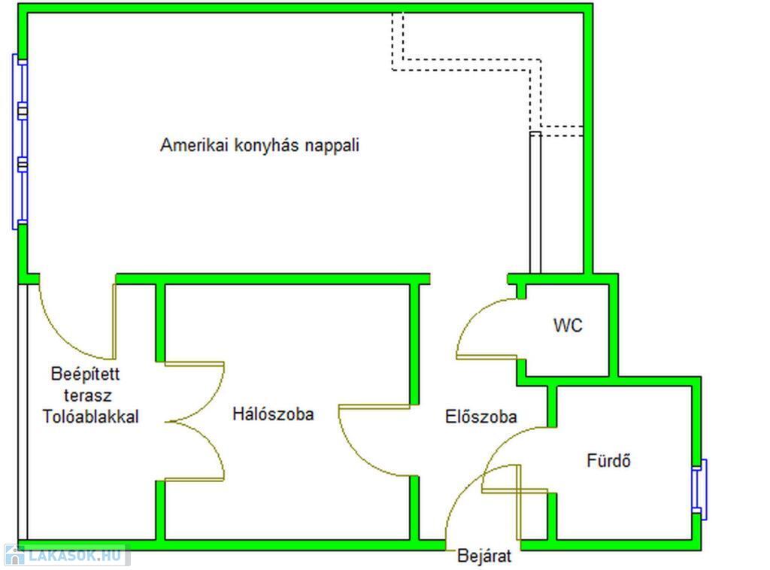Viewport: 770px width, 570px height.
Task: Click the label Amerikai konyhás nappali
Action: (259, 145)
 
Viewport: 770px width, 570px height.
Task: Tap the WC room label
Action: (568, 326)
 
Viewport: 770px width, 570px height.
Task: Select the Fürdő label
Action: (608, 460)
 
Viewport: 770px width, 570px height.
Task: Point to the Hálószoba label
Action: (273, 414)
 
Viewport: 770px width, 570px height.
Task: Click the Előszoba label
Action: (480, 417)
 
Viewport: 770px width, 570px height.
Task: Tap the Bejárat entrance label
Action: (484, 556)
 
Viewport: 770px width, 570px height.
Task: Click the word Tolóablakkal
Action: (91, 417)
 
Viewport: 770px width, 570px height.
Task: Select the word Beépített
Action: (86, 374)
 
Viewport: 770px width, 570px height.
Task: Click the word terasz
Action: (88, 396)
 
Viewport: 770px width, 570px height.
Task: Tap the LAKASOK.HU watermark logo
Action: (67, 555)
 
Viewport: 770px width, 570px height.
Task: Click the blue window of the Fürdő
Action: (699, 490)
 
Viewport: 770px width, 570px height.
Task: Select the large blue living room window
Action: (20, 141)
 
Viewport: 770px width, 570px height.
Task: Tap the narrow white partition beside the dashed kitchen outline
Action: (535, 202)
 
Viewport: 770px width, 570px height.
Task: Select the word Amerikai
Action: (194, 145)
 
